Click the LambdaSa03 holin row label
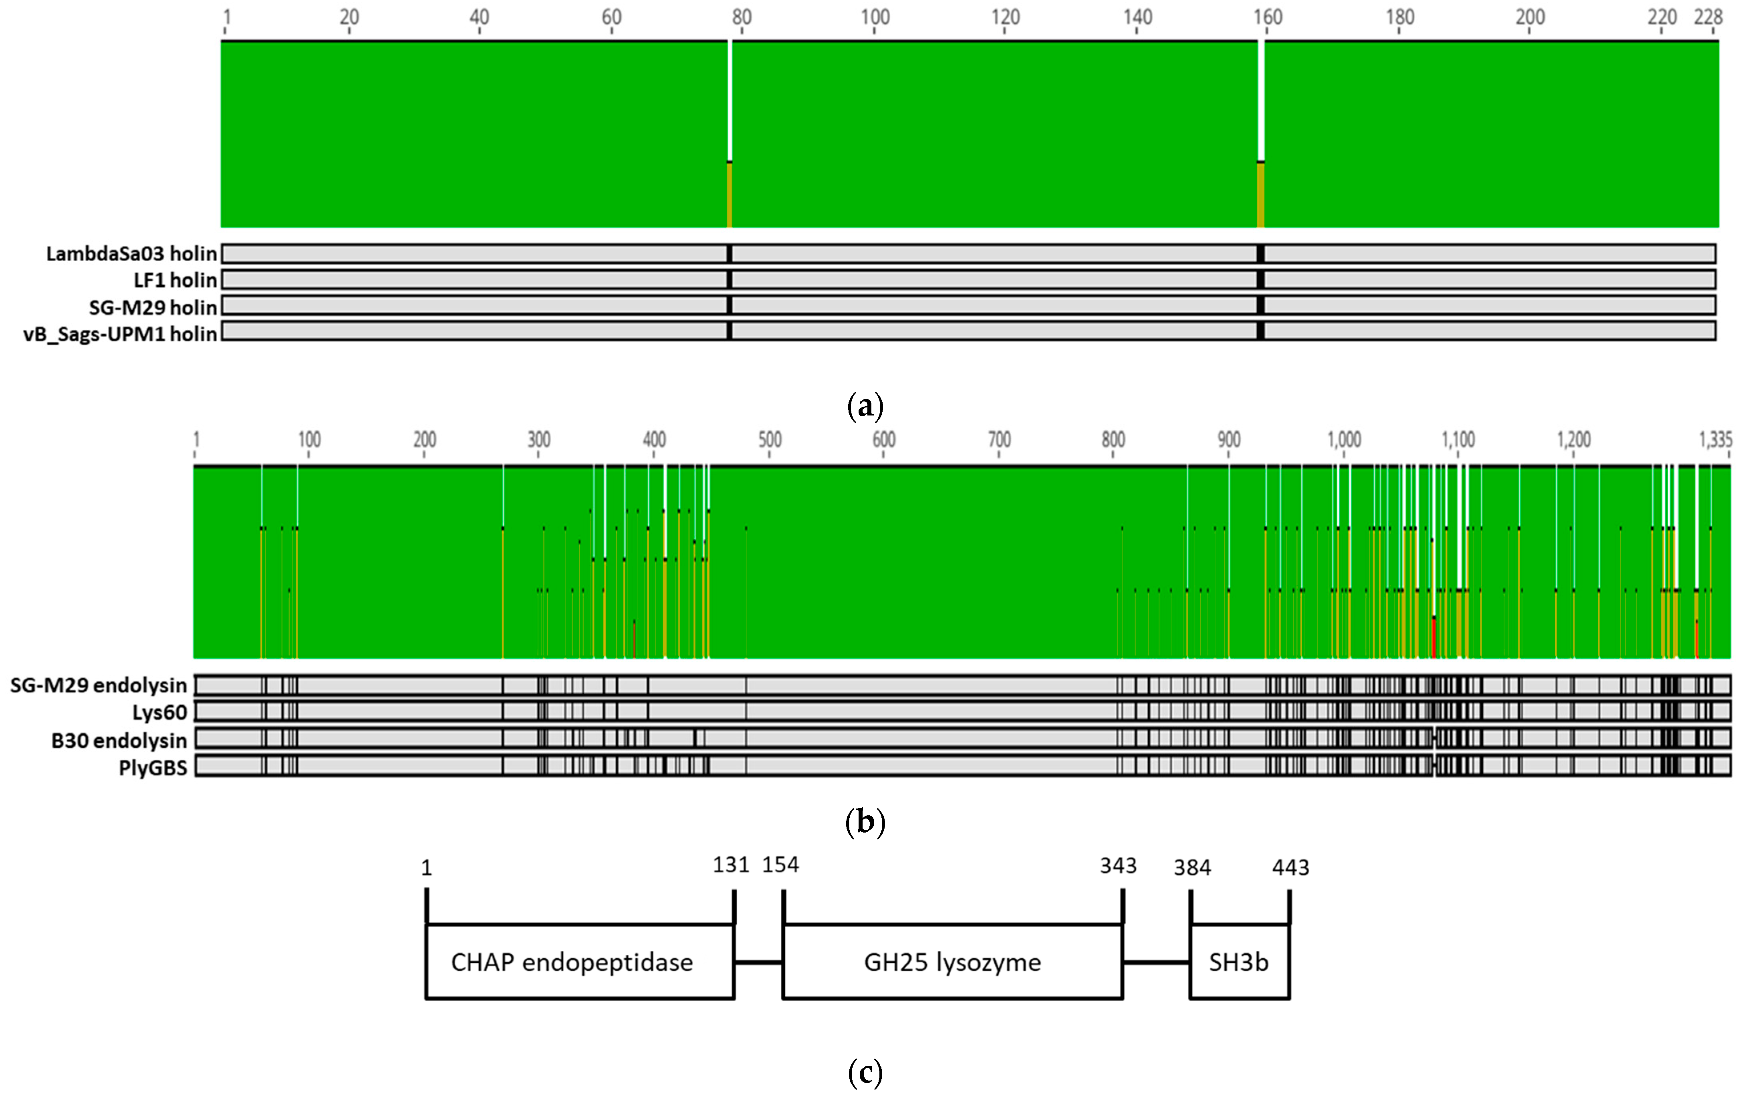click(x=131, y=254)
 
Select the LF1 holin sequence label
click(x=175, y=280)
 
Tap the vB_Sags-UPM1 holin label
click(x=120, y=334)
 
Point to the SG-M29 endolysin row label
click(x=99, y=685)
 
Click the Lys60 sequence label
click(x=159, y=713)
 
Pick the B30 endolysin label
click(x=119, y=740)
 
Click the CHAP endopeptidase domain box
click(x=572, y=962)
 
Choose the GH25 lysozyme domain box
click(x=952, y=962)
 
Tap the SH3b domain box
click(x=1239, y=962)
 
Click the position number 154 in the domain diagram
click(x=780, y=865)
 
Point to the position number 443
click(x=1290, y=867)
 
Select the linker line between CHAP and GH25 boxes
click(x=758, y=962)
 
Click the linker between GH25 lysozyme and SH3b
click(x=1156, y=962)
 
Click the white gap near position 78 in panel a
click(x=729, y=101)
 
